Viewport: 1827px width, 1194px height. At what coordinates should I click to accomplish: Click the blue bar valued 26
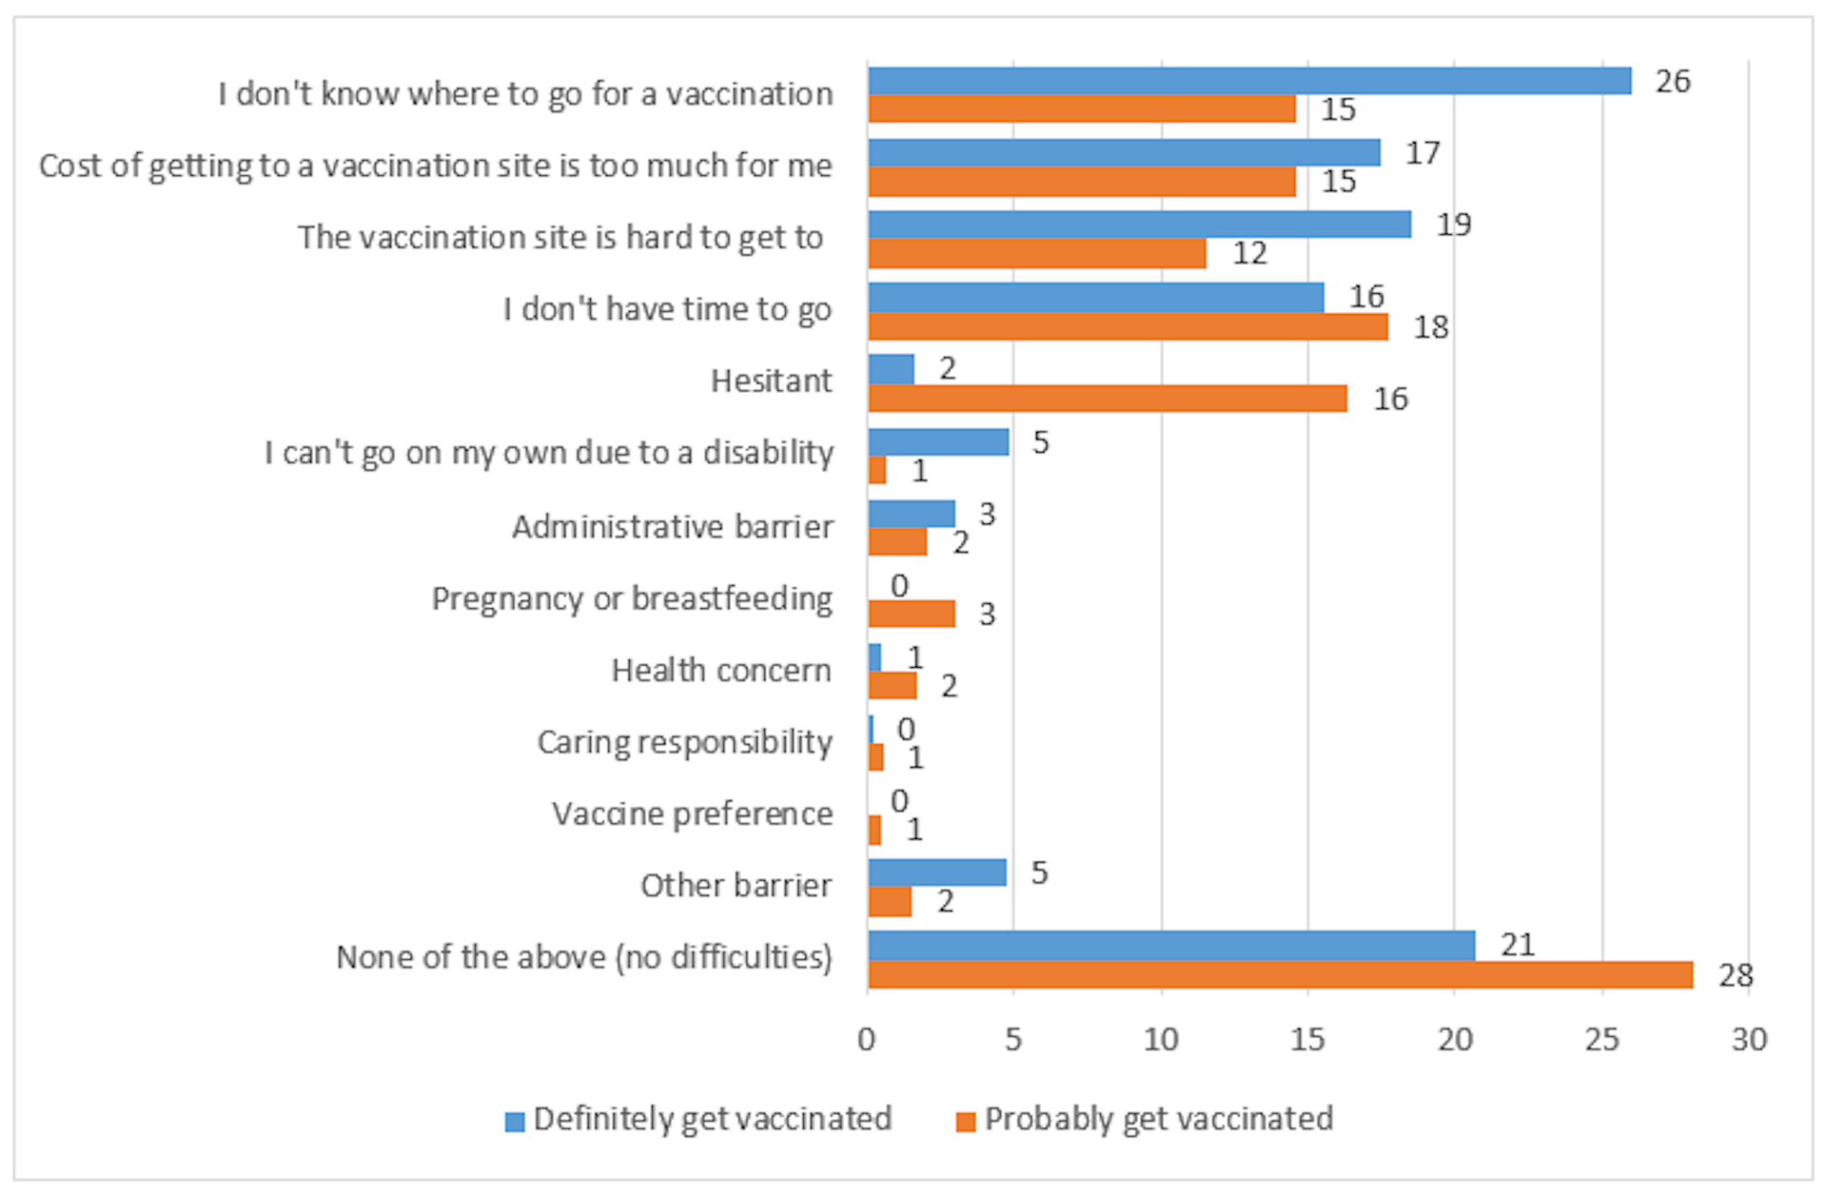click(x=1248, y=81)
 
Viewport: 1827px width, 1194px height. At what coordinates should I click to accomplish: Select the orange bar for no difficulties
click(x=1280, y=975)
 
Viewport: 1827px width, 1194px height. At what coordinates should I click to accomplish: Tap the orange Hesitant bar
click(x=1107, y=399)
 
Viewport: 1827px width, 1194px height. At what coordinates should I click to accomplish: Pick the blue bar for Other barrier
click(x=936, y=872)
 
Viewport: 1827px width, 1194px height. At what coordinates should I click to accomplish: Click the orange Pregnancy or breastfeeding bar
click(x=911, y=614)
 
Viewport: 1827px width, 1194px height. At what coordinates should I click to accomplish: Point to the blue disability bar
click(x=937, y=442)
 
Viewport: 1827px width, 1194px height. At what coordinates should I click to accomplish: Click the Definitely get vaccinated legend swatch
click(x=515, y=1122)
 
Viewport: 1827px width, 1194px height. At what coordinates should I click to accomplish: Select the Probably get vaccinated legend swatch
click(x=966, y=1122)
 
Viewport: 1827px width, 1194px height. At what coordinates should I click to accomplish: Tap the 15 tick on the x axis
click(x=1307, y=1040)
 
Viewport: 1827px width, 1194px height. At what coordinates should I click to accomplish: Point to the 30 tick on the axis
click(x=1749, y=1040)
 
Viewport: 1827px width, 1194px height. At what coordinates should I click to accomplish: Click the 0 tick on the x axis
click(x=866, y=1040)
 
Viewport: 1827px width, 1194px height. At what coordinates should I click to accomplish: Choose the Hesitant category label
click(x=771, y=381)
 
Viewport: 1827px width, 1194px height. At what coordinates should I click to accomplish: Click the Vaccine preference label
click(x=692, y=814)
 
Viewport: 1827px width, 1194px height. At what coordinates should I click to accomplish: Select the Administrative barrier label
click(x=672, y=526)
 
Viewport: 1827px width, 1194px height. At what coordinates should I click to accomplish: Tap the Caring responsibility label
click(x=684, y=742)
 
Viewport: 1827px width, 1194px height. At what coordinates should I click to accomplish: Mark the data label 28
click(x=1736, y=975)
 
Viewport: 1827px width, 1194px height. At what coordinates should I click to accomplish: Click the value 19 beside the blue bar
click(x=1453, y=225)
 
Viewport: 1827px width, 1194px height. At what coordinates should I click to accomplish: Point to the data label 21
click(x=1518, y=945)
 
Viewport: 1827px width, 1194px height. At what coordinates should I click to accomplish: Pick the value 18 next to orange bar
click(x=1430, y=327)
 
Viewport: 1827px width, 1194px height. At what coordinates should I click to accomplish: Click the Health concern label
click(x=720, y=671)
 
